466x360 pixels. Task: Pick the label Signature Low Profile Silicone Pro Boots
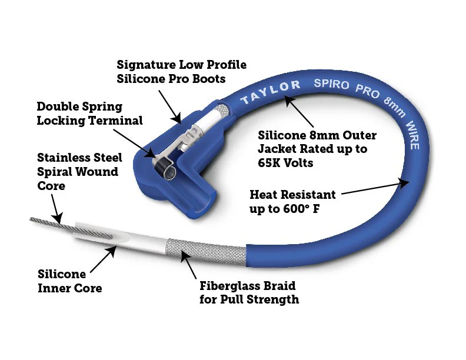click(181, 71)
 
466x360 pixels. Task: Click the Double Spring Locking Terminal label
click(89, 114)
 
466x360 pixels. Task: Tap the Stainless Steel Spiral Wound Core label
click(79, 172)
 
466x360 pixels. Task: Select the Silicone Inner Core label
click(69, 281)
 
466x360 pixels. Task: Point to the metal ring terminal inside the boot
click(165, 171)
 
